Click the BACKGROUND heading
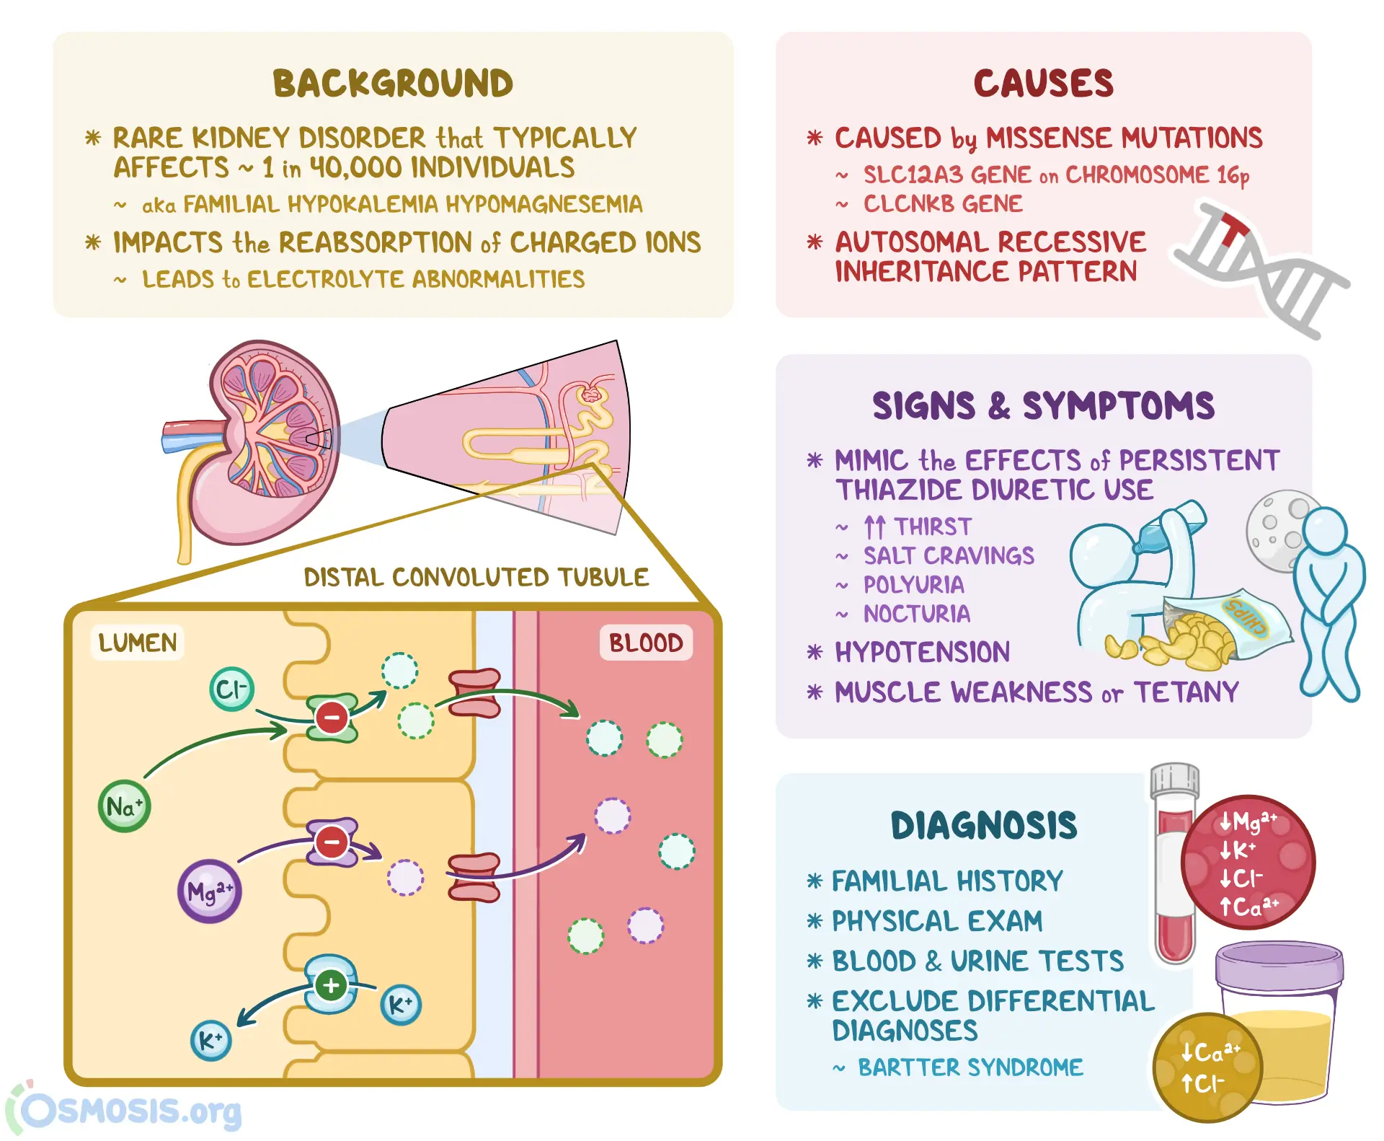tap(393, 84)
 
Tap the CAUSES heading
tap(1043, 84)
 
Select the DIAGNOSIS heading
tap(983, 826)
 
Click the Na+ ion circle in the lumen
tap(124, 806)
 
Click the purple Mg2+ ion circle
tap(209, 891)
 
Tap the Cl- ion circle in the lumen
tap(231, 690)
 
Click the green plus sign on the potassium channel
tap(331, 985)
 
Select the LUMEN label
tap(137, 643)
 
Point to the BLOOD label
tap(645, 643)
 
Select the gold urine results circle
tap(1207, 1067)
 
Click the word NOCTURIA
tap(917, 614)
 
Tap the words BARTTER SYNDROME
tap(970, 1067)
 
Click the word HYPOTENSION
tap(922, 652)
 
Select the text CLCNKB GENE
tap(943, 204)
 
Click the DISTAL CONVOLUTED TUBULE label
tap(476, 577)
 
